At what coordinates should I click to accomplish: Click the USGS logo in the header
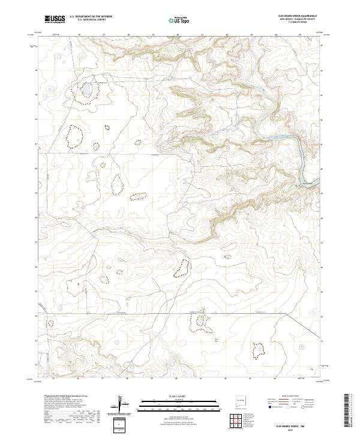pos(55,19)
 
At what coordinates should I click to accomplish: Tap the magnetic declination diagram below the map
pos(121,405)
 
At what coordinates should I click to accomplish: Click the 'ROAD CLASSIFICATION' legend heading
pos(296,397)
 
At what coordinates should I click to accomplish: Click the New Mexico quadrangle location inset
pos(241,403)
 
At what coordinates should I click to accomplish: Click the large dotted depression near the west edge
pos(74,136)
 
